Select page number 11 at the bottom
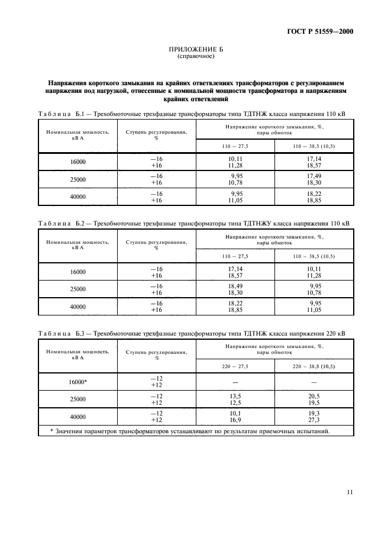pyautogui.click(x=350, y=491)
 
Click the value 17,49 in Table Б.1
pyautogui.click(x=314, y=176)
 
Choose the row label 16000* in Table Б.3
pyautogui.click(x=77, y=382)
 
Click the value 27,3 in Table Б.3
pyautogui.click(x=314, y=420)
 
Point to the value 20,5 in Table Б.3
pyautogui.click(x=314, y=396)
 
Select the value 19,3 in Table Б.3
pyautogui.click(x=314, y=413)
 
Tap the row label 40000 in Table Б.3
pyautogui.click(x=77, y=417)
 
